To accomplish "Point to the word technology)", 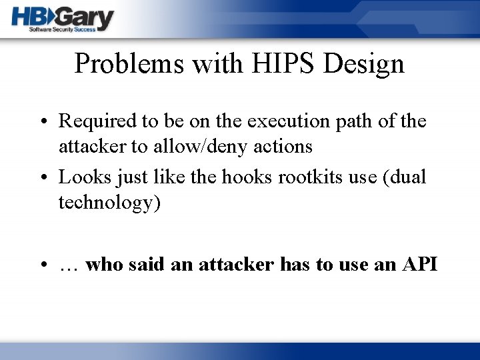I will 109,203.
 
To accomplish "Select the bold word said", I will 146,265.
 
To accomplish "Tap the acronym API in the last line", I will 419,265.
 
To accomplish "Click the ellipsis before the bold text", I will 69,265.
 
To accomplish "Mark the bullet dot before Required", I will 43,123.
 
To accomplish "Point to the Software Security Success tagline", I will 62,30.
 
